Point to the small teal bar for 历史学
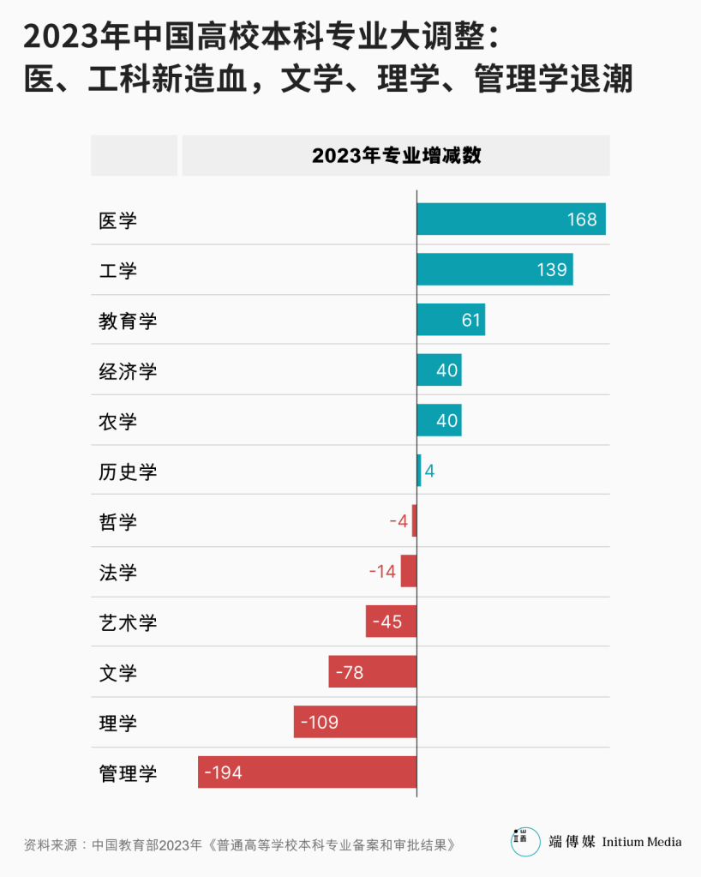[419, 471]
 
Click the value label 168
[582, 219]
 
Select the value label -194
[223, 772]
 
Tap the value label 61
[471, 321]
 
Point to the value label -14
[383, 572]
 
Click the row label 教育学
[129, 321]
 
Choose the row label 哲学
[118, 522]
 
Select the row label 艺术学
[129, 622]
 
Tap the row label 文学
[118, 673]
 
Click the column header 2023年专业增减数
[396, 155]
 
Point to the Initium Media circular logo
[525, 841]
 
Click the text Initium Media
[642, 842]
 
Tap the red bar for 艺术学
[391, 622]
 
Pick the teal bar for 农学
[439, 421]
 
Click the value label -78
[350, 672]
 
